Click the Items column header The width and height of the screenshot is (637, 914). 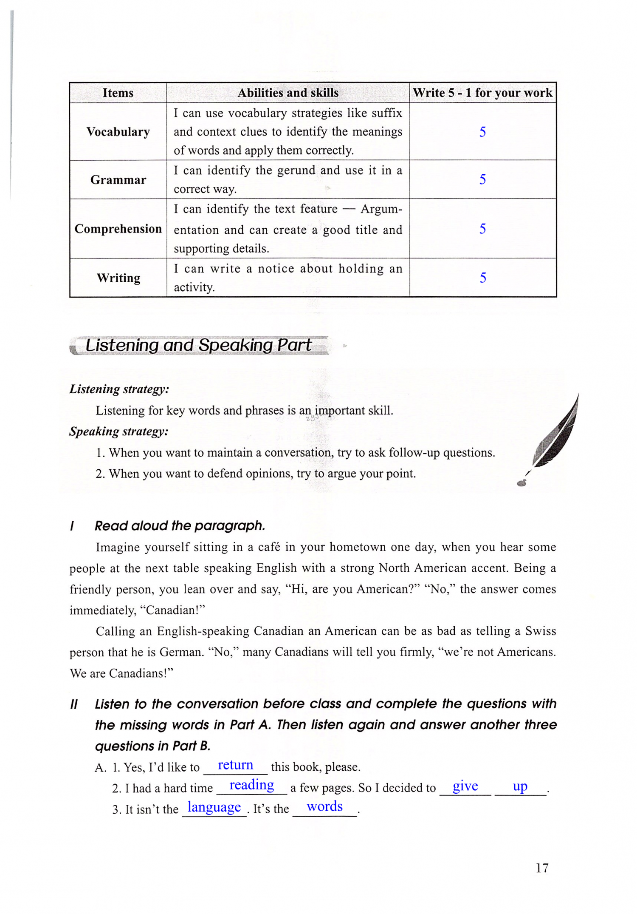click(118, 93)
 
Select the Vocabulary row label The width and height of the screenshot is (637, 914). click(118, 132)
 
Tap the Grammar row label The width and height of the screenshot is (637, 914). click(118, 180)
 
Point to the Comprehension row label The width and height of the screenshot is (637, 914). click(118, 229)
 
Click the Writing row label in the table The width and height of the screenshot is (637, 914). click(118, 278)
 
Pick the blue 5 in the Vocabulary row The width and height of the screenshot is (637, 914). click(482, 132)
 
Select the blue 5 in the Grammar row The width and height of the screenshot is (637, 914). click(482, 179)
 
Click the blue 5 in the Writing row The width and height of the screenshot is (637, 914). click(482, 278)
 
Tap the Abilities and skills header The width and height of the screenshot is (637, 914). click(288, 93)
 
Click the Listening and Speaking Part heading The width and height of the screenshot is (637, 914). click(198, 345)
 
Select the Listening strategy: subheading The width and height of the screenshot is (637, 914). click(119, 389)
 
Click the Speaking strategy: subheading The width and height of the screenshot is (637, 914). click(119, 431)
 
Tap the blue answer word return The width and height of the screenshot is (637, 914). click(235, 765)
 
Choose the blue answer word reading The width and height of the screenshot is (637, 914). click(251, 785)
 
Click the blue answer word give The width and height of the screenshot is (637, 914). click(465, 786)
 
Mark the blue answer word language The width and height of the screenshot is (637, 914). click(214, 807)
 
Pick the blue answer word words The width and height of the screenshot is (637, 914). click(324, 806)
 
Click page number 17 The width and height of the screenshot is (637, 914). click(542, 868)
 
